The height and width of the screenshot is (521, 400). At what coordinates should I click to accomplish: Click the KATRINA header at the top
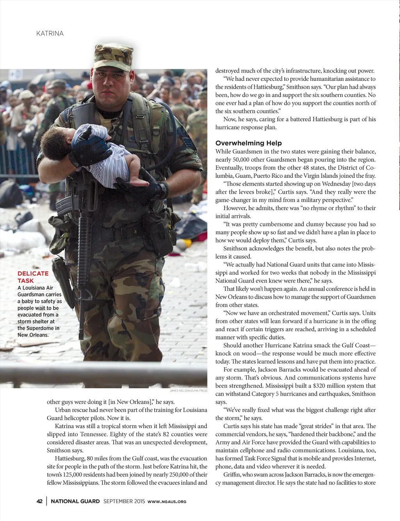point(50,34)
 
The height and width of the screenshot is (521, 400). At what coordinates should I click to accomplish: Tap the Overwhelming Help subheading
point(248,143)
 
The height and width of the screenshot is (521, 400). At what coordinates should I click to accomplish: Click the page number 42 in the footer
point(39,501)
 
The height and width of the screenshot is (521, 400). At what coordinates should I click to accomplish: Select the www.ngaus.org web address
point(167,501)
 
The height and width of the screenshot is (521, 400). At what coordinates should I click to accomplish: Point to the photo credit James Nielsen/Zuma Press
point(188,391)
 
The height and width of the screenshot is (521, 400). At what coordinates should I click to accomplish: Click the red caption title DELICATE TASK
point(33,277)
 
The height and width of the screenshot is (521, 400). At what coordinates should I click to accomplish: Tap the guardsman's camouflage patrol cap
point(113,56)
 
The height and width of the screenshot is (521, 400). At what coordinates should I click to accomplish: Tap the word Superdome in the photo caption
point(43,328)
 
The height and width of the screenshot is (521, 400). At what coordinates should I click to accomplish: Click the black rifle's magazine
point(64,203)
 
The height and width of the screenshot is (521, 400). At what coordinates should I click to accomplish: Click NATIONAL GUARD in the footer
point(75,501)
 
